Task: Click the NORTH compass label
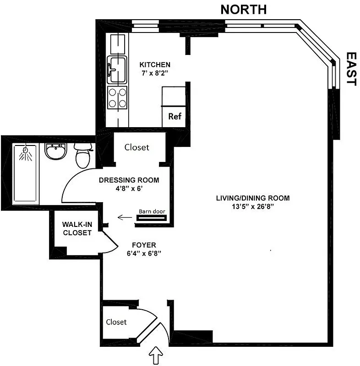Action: point(243,9)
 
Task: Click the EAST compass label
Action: point(351,69)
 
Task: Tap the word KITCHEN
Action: point(155,65)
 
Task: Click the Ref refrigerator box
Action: point(175,116)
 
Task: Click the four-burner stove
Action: point(117,97)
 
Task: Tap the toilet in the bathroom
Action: point(83,156)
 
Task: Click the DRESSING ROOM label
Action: point(129,180)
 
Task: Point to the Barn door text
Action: point(152,211)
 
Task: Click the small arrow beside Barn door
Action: point(123,217)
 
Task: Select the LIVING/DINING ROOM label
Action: point(253,198)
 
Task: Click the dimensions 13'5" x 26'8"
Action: point(253,206)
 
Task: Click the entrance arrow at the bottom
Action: point(158,355)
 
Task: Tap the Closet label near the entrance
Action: point(116,322)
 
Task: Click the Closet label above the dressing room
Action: point(137,147)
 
